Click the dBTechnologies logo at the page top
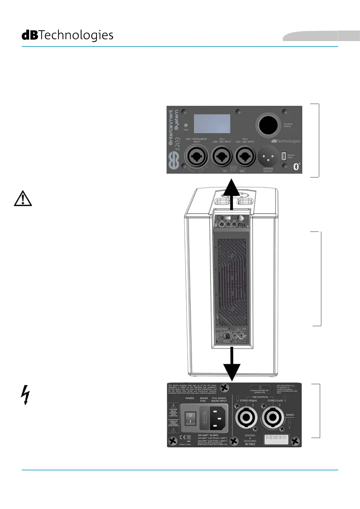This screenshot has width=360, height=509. click(67, 35)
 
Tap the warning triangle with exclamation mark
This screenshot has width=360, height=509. click(23, 199)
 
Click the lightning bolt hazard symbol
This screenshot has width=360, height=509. click(26, 394)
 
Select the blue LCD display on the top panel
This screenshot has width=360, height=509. click(212, 124)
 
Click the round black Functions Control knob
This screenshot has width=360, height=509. click(268, 125)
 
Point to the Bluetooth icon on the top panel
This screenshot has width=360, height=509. click(296, 167)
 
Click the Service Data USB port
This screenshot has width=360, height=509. click(284, 156)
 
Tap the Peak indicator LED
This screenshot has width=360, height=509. click(186, 125)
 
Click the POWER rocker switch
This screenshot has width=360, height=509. click(190, 418)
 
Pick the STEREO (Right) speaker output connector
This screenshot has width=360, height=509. click(246, 417)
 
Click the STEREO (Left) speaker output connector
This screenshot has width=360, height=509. click(273, 417)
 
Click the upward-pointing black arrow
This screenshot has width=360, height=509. click(232, 193)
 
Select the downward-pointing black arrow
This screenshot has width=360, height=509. click(232, 364)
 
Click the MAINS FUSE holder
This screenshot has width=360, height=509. click(204, 418)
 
